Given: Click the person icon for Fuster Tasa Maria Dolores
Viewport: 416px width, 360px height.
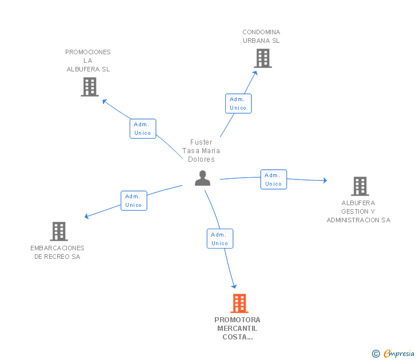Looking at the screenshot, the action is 202,178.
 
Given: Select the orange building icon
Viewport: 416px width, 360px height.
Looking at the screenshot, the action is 239,303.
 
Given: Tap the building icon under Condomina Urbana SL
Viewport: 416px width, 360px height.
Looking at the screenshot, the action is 263,58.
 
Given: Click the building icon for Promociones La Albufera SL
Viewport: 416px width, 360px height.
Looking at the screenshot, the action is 90,87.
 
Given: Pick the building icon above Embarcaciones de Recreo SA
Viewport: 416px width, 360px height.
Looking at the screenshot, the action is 59,231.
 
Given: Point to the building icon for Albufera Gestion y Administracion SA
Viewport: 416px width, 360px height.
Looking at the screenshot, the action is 360,186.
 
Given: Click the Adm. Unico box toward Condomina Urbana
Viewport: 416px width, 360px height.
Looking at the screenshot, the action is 238,103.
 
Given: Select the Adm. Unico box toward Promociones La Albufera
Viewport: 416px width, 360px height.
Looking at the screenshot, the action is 143,129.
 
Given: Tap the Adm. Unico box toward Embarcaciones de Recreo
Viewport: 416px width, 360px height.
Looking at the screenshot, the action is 134,201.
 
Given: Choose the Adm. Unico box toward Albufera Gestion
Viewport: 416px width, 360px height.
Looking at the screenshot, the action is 274,179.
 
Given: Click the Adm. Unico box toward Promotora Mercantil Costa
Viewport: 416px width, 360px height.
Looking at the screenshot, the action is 220,238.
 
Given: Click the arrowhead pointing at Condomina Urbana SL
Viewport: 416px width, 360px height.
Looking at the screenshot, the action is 255,73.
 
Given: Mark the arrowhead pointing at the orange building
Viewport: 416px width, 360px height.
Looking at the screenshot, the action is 234,286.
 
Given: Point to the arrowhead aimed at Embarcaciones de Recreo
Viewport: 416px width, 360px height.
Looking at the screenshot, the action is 86,216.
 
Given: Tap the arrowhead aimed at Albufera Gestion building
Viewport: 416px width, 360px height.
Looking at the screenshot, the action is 325,181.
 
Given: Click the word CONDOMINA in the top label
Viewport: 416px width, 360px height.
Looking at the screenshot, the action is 261,32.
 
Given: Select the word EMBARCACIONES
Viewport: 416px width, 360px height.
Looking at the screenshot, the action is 57,248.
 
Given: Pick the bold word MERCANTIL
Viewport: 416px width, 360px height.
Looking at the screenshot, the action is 237,329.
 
